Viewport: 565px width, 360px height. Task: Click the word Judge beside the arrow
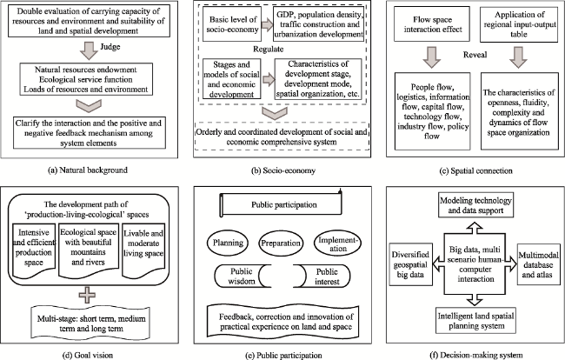(x=110, y=47)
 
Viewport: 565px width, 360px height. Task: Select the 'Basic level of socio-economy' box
(x=232, y=24)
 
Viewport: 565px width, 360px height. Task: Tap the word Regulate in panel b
(x=268, y=49)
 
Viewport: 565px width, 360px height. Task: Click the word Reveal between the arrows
(x=475, y=55)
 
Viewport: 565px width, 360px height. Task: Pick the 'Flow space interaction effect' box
(x=432, y=24)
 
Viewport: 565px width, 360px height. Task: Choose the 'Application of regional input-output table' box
(x=519, y=24)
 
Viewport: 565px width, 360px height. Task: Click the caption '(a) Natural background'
(x=88, y=170)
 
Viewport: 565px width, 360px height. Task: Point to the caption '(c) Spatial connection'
(x=475, y=170)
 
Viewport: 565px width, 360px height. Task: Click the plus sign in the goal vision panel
(x=87, y=296)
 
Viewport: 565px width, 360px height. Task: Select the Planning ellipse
(x=228, y=243)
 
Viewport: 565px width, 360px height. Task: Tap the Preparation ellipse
(x=281, y=243)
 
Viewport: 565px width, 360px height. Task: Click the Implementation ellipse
(x=337, y=244)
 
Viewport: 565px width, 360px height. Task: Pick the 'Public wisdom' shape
(x=243, y=276)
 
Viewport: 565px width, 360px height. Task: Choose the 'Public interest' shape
(x=322, y=276)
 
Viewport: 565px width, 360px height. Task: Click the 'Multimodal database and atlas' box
(x=537, y=265)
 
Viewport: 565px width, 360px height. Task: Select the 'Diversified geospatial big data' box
(x=410, y=264)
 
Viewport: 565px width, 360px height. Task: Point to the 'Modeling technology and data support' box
(x=475, y=205)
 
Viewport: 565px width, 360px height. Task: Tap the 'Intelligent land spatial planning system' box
(x=475, y=320)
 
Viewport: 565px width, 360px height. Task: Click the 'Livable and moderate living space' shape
(x=143, y=250)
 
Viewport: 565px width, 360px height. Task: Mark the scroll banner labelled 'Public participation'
(x=281, y=204)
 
